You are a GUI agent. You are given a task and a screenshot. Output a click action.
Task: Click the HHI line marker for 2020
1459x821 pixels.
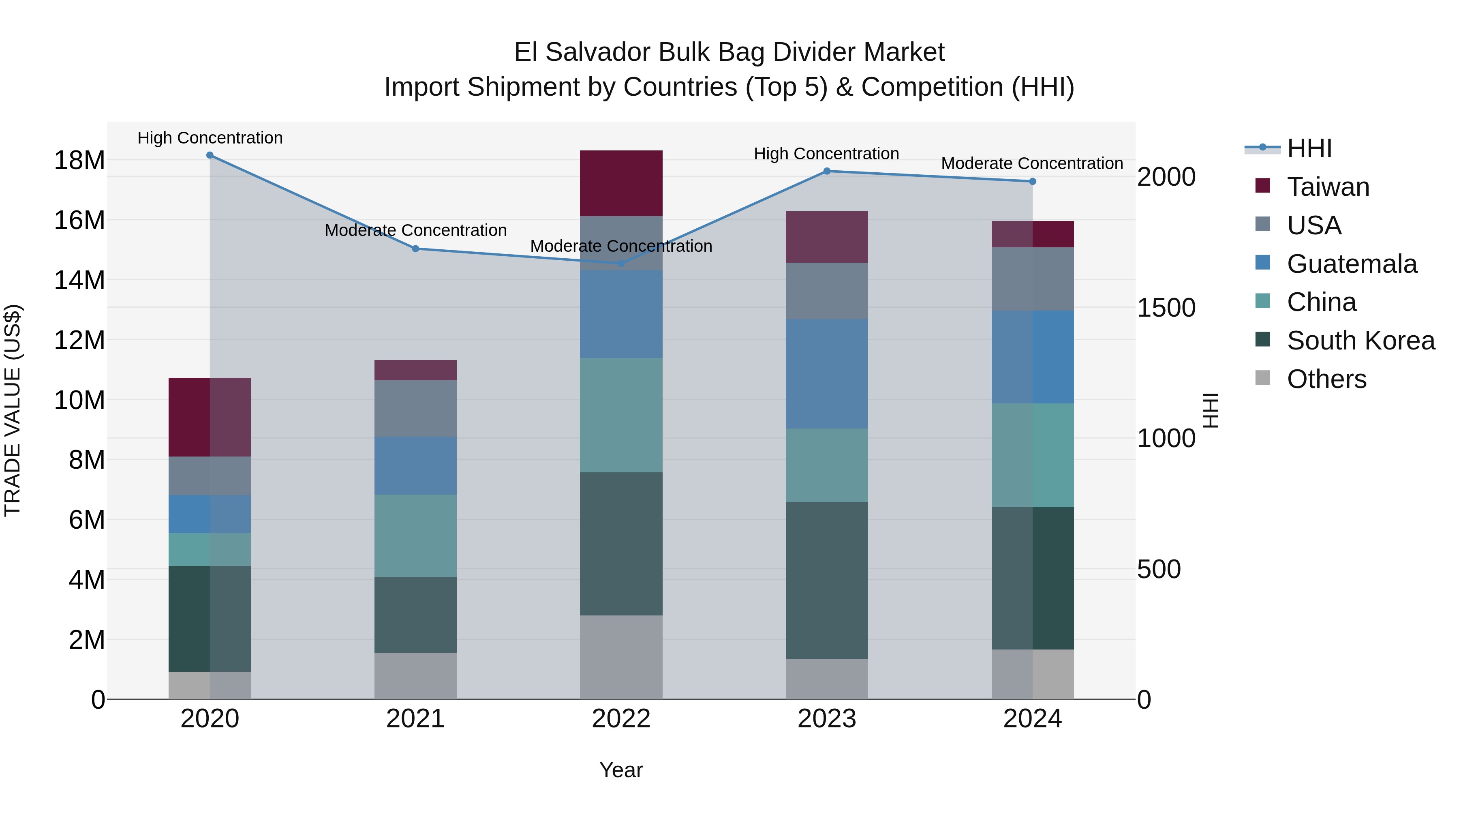[210, 155]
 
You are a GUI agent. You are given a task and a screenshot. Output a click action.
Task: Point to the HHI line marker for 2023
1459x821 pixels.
[826, 171]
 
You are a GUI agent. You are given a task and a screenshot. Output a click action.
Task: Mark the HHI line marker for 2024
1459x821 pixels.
[1032, 181]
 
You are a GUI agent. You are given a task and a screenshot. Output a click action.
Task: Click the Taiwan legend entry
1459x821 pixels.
[1328, 187]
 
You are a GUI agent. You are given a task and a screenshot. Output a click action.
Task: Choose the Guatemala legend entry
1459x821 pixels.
[1351, 264]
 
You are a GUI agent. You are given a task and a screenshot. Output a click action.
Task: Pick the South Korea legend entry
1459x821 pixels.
[1361, 341]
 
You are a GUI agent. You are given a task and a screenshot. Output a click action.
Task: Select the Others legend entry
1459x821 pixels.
[1326, 379]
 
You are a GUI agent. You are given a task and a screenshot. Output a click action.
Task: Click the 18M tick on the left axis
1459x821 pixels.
[79, 160]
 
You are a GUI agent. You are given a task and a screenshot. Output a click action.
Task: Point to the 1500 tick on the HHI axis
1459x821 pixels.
[1166, 308]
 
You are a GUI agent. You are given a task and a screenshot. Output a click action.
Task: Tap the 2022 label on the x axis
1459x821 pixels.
[621, 719]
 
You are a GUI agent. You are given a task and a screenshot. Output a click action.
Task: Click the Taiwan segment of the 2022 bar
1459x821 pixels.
[621, 183]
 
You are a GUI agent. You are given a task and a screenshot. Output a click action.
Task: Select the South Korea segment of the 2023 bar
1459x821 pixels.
[826, 580]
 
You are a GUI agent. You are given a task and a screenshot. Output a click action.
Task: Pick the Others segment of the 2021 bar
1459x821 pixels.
[415, 676]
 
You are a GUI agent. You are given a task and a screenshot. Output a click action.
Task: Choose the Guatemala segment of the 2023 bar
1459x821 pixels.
[826, 373]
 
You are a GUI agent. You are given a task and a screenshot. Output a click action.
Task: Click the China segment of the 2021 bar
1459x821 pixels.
[415, 536]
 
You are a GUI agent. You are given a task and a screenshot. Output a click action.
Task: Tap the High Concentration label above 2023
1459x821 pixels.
[826, 154]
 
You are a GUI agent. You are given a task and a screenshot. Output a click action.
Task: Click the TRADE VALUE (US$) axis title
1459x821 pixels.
[13, 411]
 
